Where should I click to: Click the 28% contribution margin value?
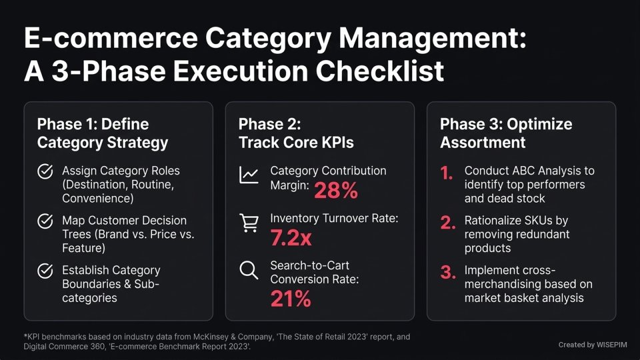click(335, 191)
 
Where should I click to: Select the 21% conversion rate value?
click(291, 299)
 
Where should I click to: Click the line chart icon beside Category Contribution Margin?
click(249, 175)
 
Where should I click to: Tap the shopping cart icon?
click(249, 225)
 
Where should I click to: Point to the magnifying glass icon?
click(249, 271)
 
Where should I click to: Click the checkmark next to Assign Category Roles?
click(45, 171)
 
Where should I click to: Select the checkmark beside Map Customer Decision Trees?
click(45, 221)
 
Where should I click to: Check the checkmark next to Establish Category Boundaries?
click(45, 271)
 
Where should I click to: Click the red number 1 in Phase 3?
click(446, 174)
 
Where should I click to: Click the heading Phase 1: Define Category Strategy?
click(102, 133)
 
